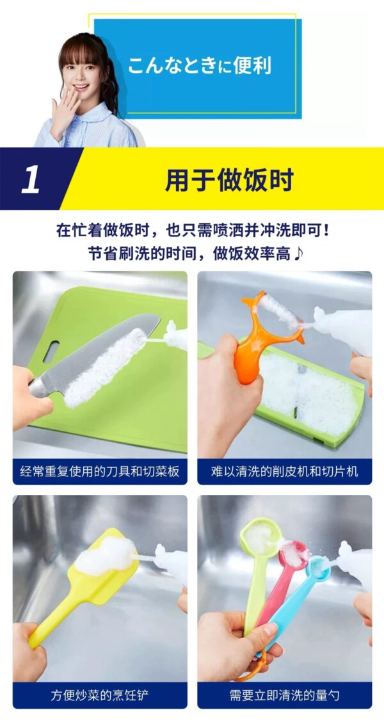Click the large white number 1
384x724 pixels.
pos(31,179)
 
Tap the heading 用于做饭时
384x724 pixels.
pos(229,180)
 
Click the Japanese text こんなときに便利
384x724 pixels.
pos(199,65)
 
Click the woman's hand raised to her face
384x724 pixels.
pos(64,112)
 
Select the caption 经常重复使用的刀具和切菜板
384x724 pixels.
pos(100,471)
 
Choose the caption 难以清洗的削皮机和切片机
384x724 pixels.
pos(284,471)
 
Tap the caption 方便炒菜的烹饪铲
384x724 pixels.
pos(100,695)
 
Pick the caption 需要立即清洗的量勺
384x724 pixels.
pos(284,695)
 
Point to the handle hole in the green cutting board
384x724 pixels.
pos(51,351)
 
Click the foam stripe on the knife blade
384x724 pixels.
pos(106,367)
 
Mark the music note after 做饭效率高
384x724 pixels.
pos(299,253)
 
